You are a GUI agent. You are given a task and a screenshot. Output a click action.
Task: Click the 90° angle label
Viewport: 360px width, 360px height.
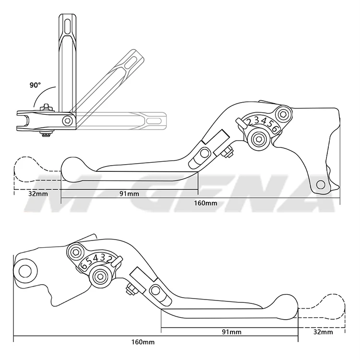pos(35,85)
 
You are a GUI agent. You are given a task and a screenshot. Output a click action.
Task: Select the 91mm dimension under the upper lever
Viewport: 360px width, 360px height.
pos(129,193)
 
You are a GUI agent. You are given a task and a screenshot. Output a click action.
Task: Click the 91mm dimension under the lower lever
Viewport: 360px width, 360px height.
pos(231,332)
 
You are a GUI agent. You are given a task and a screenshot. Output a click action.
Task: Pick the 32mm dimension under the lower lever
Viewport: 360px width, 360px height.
pos(323,332)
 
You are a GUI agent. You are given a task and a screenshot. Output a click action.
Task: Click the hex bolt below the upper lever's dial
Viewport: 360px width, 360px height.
pos(259,139)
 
